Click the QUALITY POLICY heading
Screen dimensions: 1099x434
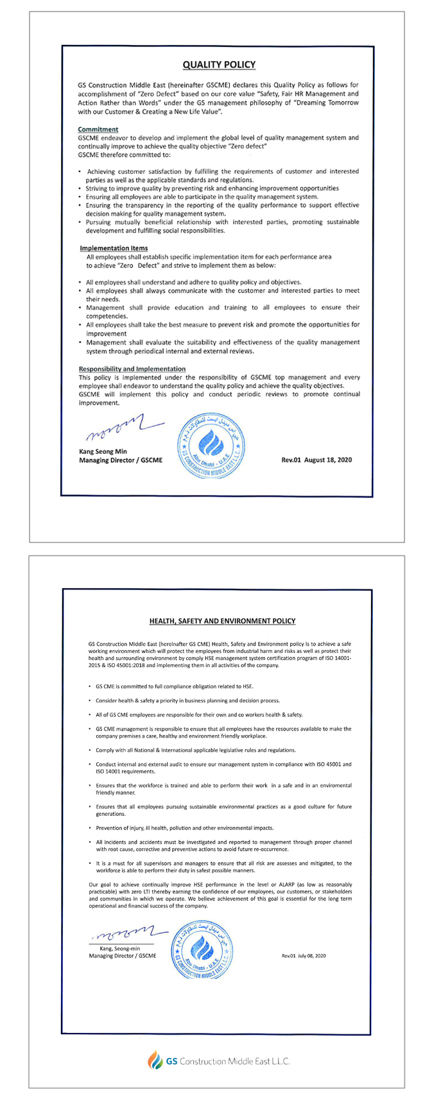pos(219,65)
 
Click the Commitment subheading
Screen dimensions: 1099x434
pos(98,129)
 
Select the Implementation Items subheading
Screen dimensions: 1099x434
pos(114,248)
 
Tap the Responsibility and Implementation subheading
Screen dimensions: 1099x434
pos(132,369)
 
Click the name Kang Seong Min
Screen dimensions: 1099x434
pos(103,451)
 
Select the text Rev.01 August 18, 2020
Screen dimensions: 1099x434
pos(317,460)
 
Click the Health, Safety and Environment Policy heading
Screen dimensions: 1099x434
pos(222,621)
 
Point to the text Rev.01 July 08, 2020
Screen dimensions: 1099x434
pos(304,956)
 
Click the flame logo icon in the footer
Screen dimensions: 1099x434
pos(155,1061)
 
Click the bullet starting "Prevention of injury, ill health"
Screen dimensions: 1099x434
pos(184,827)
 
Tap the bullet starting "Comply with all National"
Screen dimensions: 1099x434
pos(195,750)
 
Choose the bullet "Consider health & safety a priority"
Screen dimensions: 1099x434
pos(187,700)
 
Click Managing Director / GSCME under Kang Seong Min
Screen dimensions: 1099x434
pos(120,460)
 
